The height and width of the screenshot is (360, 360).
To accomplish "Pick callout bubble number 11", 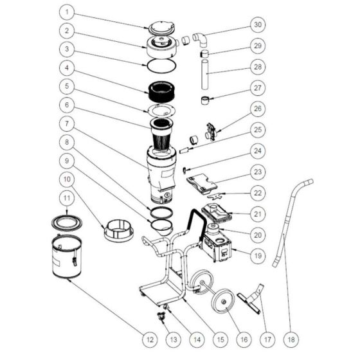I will coord(67,198).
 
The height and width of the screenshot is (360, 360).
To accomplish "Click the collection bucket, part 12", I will coord(66,256).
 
